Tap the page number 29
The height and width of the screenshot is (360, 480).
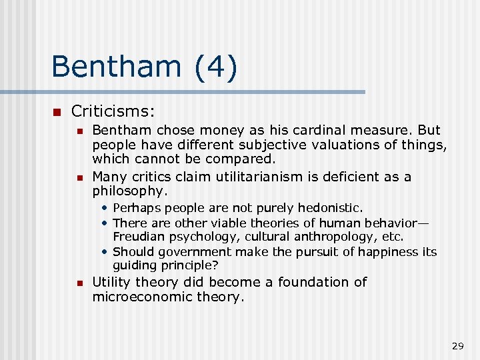457,345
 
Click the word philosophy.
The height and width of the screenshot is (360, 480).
129,191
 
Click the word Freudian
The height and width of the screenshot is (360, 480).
138,237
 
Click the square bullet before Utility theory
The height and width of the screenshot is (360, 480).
78,283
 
